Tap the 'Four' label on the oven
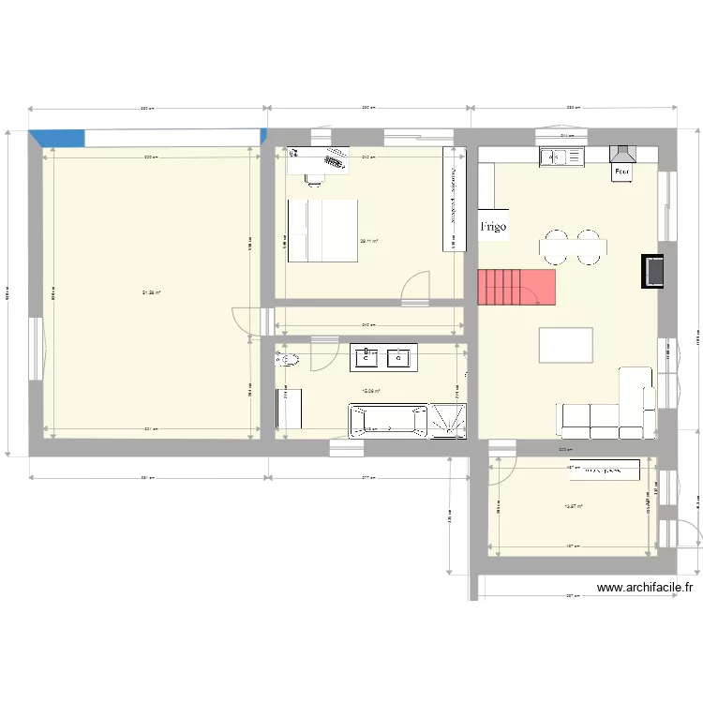tap(621, 172)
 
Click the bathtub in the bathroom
tap(388, 420)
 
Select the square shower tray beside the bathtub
tap(448, 420)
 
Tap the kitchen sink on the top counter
tap(560, 157)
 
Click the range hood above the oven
tap(621, 154)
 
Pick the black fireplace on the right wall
tap(653, 271)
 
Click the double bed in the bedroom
tap(322, 230)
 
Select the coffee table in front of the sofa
tap(566, 345)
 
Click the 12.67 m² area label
tap(572, 507)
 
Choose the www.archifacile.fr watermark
tap(645, 588)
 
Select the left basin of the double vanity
tap(367, 357)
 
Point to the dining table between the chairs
tap(573, 247)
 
